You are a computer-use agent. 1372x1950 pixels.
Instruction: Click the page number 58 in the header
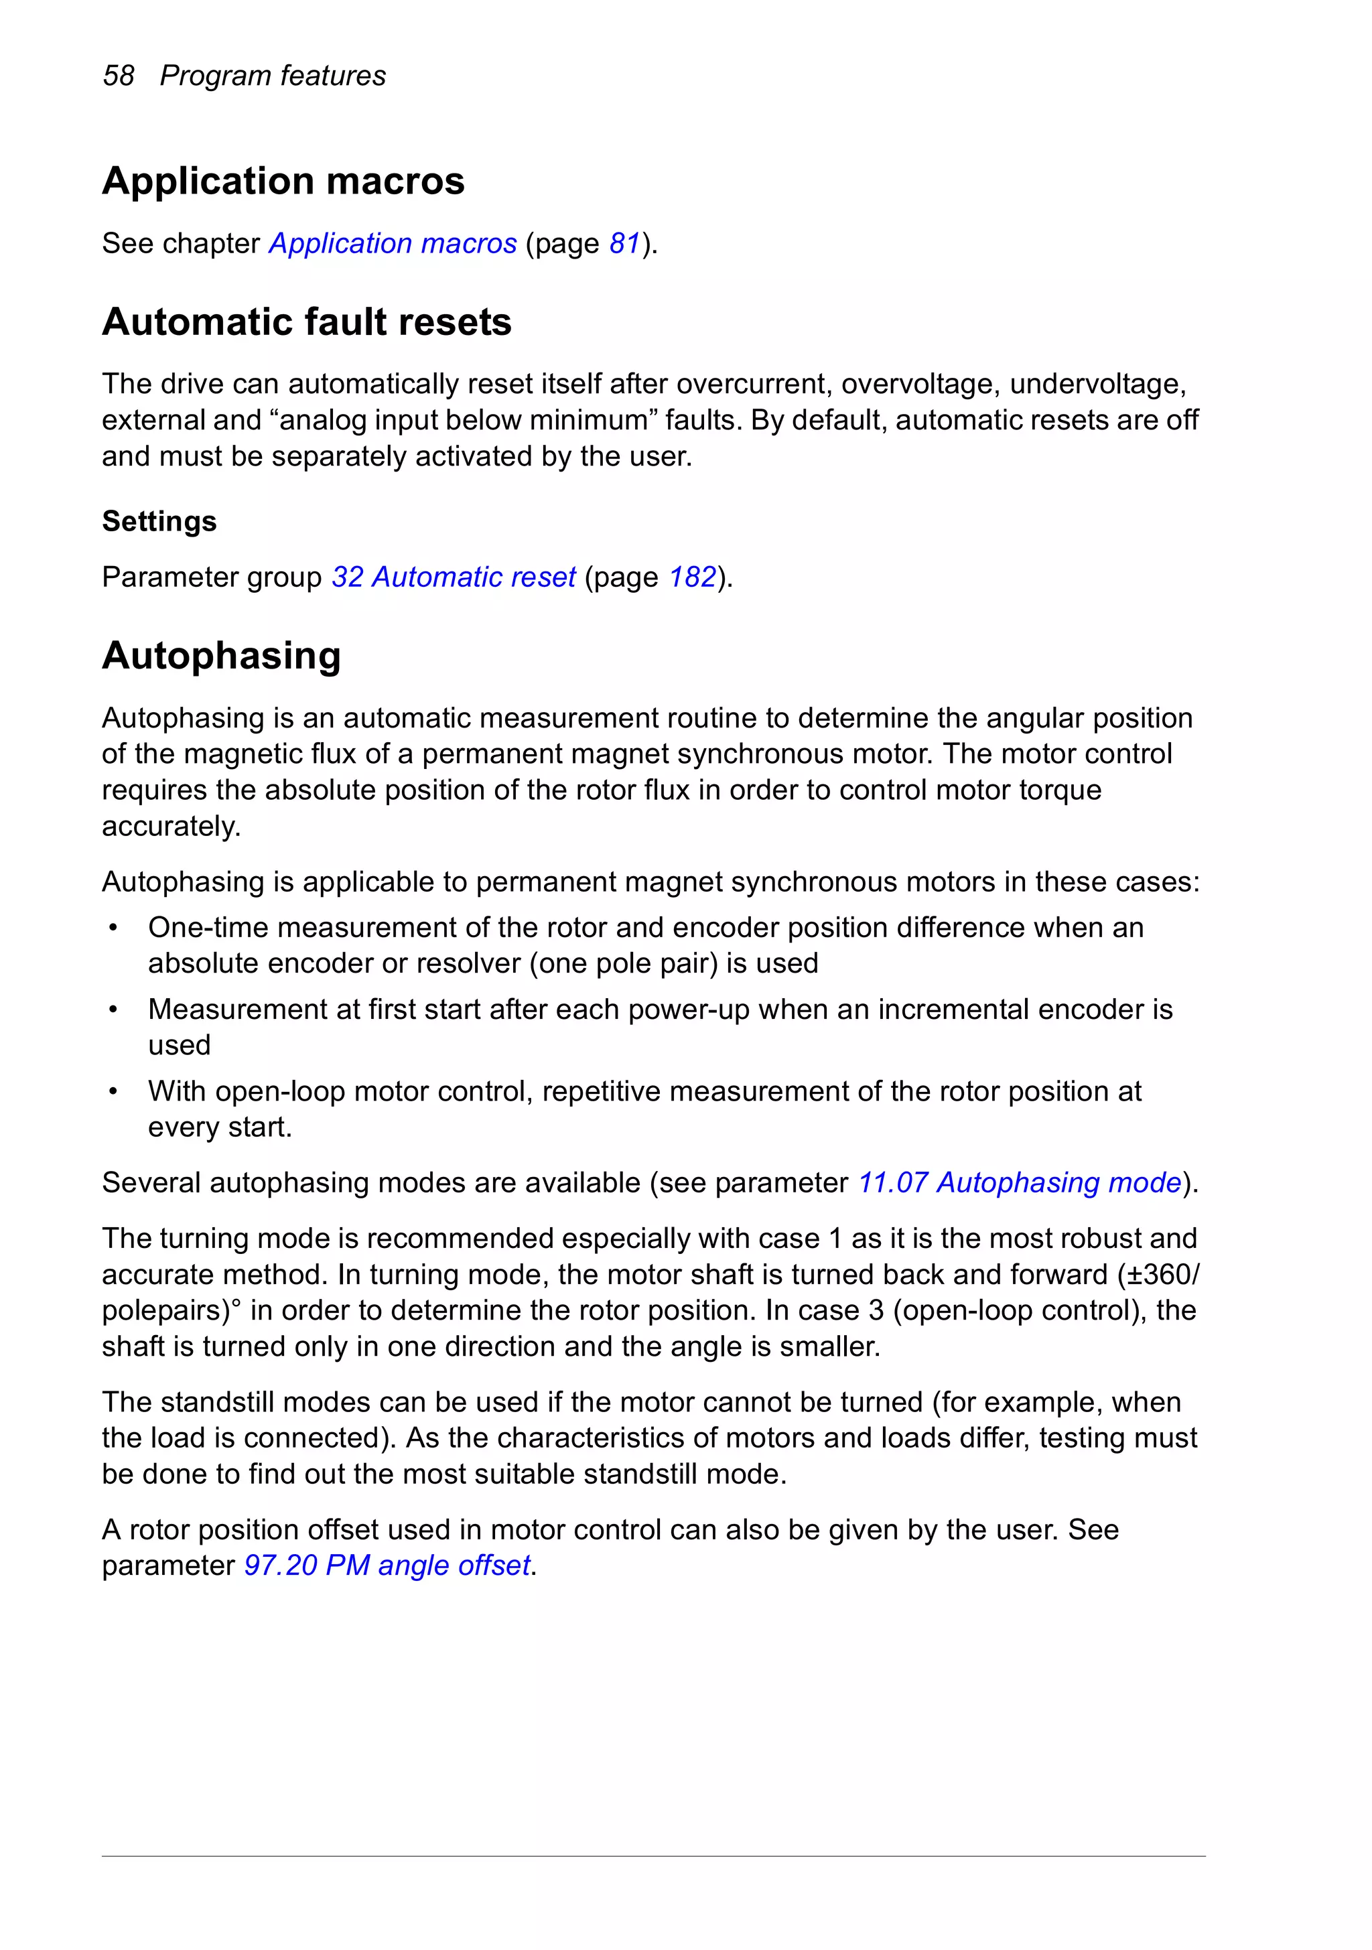(x=118, y=76)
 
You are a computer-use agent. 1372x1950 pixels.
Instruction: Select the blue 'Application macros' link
(x=393, y=244)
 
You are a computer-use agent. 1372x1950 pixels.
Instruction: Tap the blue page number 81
(x=624, y=244)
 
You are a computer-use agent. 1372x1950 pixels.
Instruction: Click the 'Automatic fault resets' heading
(x=307, y=322)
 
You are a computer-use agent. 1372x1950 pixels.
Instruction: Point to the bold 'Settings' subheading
(x=159, y=520)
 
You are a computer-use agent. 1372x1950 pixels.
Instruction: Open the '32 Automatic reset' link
(x=454, y=577)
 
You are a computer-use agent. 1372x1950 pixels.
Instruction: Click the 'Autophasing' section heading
(x=221, y=656)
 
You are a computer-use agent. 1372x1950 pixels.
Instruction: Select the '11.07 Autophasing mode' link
(x=1020, y=1183)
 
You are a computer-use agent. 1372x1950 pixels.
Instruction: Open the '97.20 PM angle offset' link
(x=387, y=1565)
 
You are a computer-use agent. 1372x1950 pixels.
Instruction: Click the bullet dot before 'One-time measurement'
(x=113, y=928)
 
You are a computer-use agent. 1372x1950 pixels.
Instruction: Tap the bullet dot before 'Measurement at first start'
(x=113, y=1009)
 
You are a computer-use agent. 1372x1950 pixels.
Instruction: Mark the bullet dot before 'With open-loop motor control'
(x=113, y=1092)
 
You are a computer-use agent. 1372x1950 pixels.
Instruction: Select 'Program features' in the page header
(x=273, y=76)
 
